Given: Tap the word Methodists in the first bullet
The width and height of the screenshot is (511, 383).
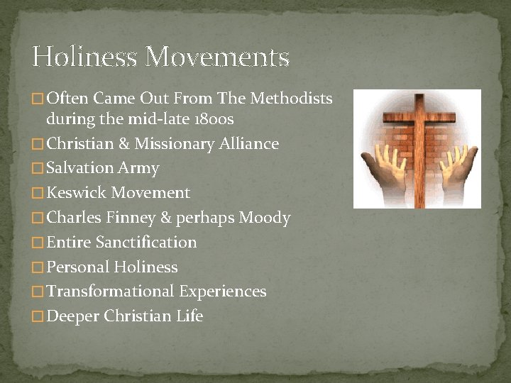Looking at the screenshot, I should (x=295, y=99).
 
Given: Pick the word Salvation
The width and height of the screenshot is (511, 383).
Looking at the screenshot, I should (x=79, y=168).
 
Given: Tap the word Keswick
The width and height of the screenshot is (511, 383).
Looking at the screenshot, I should (x=76, y=193).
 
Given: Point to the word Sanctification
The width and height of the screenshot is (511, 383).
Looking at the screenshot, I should (x=146, y=243).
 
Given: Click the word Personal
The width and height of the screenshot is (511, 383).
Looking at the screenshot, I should (x=77, y=267).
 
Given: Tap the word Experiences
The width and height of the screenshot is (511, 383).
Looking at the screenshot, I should (x=223, y=292).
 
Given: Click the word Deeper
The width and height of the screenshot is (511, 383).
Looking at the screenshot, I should (x=73, y=316).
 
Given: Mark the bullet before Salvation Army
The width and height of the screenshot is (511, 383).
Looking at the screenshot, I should (x=38, y=169).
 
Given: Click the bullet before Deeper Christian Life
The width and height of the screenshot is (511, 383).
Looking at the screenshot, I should (x=38, y=317).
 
